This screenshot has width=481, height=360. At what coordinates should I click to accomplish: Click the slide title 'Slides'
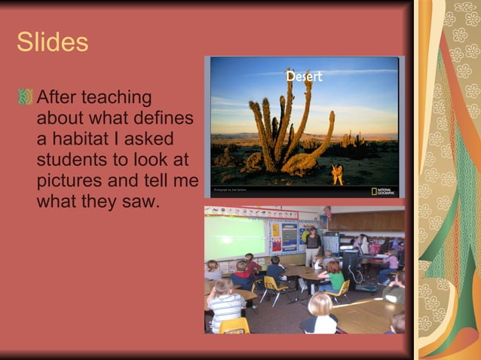click(x=52, y=42)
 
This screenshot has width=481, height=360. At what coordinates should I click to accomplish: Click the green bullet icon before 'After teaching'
click(x=26, y=98)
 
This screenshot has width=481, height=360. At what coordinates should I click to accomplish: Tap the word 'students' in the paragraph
click(x=71, y=160)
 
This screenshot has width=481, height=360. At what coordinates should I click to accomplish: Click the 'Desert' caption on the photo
click(x=304, y=76)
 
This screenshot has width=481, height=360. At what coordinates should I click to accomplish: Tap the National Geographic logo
click(x=384, y=191)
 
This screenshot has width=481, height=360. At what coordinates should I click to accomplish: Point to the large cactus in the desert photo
click(x=286, y=128)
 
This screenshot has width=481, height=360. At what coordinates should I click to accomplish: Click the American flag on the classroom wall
click(x=327, y=212)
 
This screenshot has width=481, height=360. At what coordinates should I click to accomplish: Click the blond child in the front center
click(x=320, y=313)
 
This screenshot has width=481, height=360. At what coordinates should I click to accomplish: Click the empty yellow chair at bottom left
click(x=235, y=325)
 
